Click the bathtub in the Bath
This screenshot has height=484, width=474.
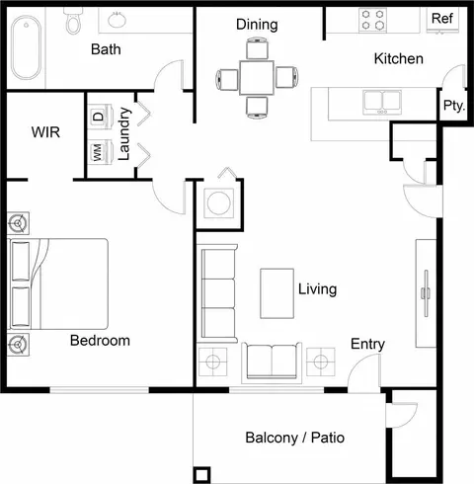(x=27, y=47)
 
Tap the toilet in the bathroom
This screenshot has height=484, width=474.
(x=72, y=20)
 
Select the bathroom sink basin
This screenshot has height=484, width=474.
(x=117, y=20)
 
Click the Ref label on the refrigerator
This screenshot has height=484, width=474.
(x=442, y=18)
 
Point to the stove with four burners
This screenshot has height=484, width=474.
(x=372, y=20)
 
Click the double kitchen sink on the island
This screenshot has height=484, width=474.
(x=382, y=102)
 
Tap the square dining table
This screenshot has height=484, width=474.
(x=257, y=78)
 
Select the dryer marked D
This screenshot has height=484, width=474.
(x=100, y=117)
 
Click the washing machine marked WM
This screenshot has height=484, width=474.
(x=100, y=152)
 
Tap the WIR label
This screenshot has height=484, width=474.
(x=45, y=132)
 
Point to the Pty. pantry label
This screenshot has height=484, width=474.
(x=454, y=106)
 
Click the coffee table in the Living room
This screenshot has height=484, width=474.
(x=276, y=293)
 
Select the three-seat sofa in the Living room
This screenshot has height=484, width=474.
(x=218, y=293)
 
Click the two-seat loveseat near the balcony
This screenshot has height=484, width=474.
(x=272, y=363)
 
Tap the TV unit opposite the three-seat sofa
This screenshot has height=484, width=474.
(x=426, y=293)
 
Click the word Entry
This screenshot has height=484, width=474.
(x=367, y=344)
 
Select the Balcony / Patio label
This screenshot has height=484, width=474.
(x=294, y=438)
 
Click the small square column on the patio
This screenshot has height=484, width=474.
(x=201, y=475)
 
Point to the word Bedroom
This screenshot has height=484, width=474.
(x=100, y=341)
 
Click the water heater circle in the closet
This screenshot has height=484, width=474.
(x=219, y=203)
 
